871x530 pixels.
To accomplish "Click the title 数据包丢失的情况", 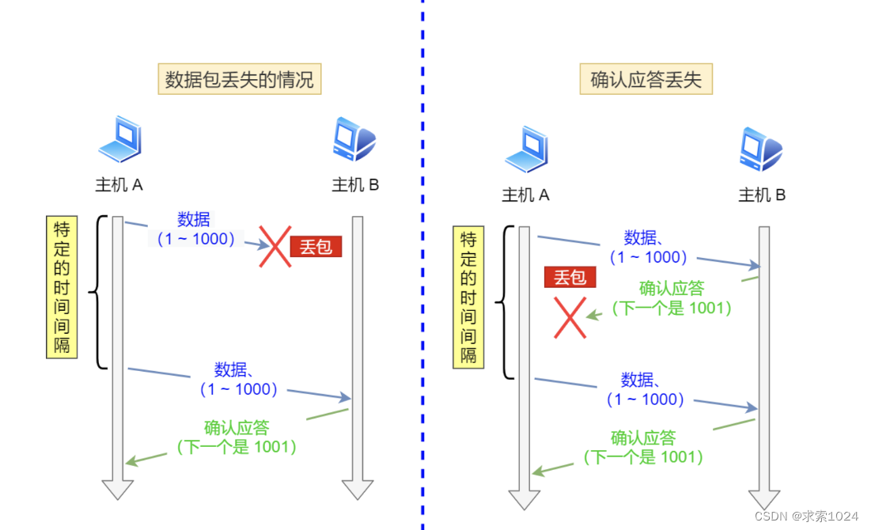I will point(239,80).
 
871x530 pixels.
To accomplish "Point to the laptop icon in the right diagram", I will point(526,150).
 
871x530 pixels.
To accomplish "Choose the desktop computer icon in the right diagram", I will point(761,150).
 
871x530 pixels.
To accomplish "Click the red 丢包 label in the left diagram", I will point(316,247).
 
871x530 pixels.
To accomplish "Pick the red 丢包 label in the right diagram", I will point(570,277).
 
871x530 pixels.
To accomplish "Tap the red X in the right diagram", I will point(570,318).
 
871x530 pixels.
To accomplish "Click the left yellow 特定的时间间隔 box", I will point(62,287).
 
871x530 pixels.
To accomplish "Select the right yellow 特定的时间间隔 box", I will point(468,297).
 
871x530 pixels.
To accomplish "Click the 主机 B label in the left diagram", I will point(355,185).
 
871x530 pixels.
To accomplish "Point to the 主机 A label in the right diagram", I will point(525,195).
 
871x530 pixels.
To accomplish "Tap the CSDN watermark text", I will point(806,516).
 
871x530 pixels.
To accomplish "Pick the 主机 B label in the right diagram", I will point(762,195).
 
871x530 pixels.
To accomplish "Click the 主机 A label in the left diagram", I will point(119,185).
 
